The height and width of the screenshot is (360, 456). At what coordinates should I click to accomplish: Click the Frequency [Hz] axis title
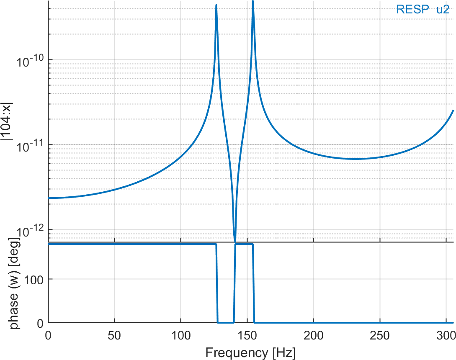tap(250, 352)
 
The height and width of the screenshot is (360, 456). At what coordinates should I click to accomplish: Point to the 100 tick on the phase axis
tap(34, 279)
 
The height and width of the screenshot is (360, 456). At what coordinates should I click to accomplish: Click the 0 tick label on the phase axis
tap(40, 323)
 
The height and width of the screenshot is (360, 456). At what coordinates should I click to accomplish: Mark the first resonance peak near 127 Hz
tap(216, 5)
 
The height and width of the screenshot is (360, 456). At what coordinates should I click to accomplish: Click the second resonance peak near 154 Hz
tap(253, 2)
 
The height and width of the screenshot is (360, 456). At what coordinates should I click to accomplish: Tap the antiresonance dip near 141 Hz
tap(235, 240)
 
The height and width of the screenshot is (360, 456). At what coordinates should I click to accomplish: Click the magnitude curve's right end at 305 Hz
tap(453, 111)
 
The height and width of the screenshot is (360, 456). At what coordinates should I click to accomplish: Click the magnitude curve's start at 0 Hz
tap(49, 198)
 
